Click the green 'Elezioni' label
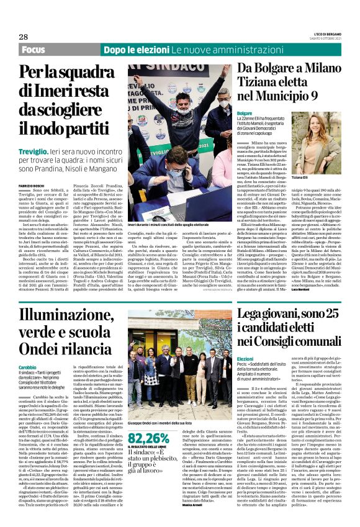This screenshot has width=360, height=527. pos(245,359)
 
